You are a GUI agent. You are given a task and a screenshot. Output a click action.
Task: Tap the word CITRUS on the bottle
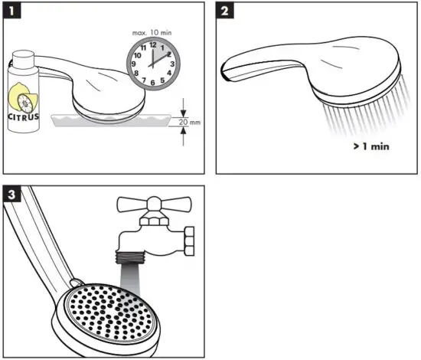coord(24,118)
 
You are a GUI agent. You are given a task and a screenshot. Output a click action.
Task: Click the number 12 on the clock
coord(153,44)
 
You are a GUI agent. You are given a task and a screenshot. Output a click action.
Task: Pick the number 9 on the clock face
coord(135,63)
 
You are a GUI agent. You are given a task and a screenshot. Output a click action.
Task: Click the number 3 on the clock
coord(172,63)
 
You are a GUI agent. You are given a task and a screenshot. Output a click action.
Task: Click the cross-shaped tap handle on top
coord(154,205)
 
